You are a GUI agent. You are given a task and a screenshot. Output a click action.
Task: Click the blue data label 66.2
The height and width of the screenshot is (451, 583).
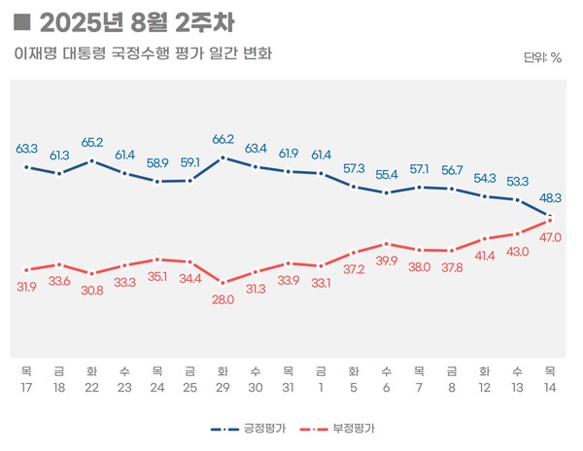pyautogui.click(x=223, y=140)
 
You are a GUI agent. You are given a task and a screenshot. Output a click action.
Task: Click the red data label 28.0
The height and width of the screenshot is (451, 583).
pyautogui.click(x=223, y=300)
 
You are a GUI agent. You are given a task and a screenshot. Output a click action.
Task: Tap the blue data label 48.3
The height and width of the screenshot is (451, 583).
pyautogui.click(x=551, y=197)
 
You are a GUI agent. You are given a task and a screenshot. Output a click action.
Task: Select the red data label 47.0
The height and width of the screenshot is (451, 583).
pyautogui.click(x=551, y=237)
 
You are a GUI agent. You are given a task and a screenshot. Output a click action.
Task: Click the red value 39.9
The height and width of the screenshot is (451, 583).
pyautogui.click(x=387, y=261)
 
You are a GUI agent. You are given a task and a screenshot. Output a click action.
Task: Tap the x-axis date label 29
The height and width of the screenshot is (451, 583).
pyautogui.click(x=223, y=386)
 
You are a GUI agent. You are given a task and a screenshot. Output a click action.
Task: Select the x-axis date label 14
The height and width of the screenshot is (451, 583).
pyautogui.click(x=551, y=386)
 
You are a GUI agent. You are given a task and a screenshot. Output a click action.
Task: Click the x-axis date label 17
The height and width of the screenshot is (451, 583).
pyautogui.click(x=26, y=386)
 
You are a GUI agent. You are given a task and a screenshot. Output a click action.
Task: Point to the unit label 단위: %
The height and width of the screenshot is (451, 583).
pyautogui.click(x=542, y=57)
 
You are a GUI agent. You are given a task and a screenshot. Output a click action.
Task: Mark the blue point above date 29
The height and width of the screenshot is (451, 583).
pyautogui.click(x=223, y=157)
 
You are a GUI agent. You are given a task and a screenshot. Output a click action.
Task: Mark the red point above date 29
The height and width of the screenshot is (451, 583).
pyautogui.click(x=223, y=283)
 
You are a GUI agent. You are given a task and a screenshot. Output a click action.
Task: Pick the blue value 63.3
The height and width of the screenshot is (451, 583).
pyautogui.click(x=26, y=149)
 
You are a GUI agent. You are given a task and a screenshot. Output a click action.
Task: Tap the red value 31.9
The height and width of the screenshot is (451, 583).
pyautogui.click(x=26, y=286)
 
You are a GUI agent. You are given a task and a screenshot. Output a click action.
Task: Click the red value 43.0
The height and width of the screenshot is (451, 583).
pyautogui.click(x=518, y=252)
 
